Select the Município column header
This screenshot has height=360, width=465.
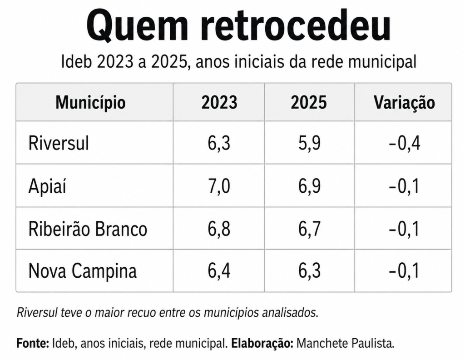click(x=90, y=103)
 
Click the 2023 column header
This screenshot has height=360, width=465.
click(x=219, y=102)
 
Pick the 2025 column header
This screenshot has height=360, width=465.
click(x=309, y=102)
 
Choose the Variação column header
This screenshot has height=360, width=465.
click(x=404, y=103)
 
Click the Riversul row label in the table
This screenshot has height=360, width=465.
click(x=59, y=143)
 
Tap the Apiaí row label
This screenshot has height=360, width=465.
click(x=47, y=186)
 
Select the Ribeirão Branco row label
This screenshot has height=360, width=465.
click(x=88, y=229)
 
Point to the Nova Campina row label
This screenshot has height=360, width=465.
click(x=83, y=270)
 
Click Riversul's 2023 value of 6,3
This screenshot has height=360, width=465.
click(x=219, y=143)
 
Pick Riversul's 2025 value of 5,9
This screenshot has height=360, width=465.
click(x=309, y=143)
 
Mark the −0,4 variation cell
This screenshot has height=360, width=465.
click(x=404, y=143)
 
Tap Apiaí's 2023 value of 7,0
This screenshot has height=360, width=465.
click(x=219, y=186)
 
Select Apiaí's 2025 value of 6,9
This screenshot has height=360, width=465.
click(x=309, y=186)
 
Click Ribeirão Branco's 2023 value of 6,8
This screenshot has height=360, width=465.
click(x=219, y=229)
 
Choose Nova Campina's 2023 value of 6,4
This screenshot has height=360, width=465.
click(x=219, y=270)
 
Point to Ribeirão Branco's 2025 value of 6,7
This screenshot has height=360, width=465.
click(x=309, y=229)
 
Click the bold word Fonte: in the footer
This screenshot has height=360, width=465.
click(x=33, y=343)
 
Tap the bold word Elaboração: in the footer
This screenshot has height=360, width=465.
click(x=262, y=343)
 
